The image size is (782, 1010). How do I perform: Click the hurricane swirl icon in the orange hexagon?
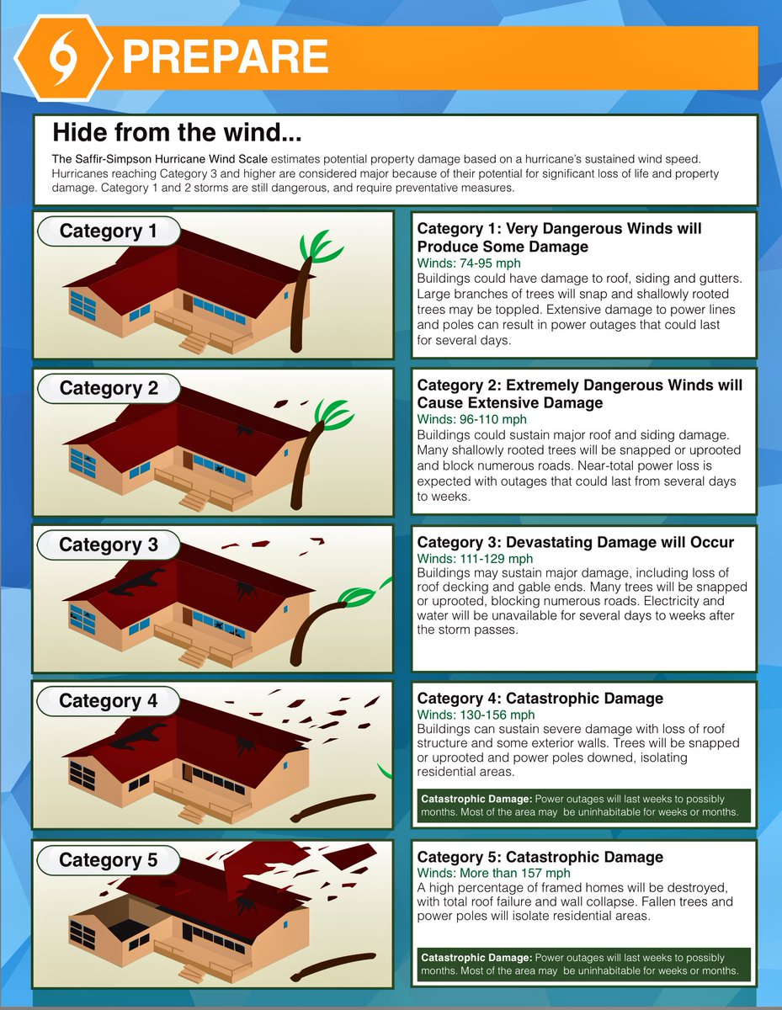(62, 58)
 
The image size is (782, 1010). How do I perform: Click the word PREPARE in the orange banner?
(226, 56)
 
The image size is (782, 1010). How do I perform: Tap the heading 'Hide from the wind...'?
(177, 132)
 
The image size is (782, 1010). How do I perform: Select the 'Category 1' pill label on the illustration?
(109, 231)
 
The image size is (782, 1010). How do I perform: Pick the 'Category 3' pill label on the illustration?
(109, 545)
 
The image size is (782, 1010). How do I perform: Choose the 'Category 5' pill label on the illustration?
(109, 859)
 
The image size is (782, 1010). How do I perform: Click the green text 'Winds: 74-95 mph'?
(468, 263)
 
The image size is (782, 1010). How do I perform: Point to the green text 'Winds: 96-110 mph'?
(471, 419)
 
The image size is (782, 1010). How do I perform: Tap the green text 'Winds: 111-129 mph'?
(475, 558)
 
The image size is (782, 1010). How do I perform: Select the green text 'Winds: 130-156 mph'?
(476, 715)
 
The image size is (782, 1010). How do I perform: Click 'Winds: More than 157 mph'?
(493, 873)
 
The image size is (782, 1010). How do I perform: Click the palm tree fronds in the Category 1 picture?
(321, 247)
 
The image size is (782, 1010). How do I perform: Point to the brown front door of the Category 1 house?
(188, 303)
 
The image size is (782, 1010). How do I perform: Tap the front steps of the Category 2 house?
(194, 501)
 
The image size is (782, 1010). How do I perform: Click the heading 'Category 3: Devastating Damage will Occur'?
(575, 542)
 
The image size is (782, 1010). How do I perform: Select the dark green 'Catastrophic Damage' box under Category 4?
(583, 805)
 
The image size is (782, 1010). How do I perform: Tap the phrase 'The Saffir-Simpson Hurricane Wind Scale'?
(159, 159)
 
